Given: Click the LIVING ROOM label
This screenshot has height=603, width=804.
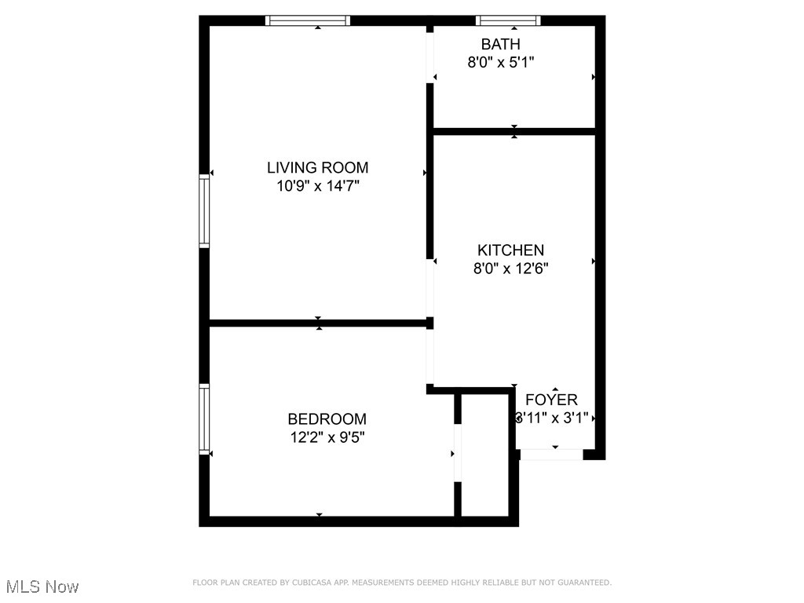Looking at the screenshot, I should (317, 167).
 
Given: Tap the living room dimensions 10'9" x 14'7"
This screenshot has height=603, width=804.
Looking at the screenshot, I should (317, 186).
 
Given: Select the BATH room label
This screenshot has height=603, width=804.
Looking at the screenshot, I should (501, 44).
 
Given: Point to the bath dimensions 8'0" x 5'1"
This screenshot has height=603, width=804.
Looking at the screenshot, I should (501, 62).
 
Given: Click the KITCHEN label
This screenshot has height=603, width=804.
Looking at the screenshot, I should (510, 250).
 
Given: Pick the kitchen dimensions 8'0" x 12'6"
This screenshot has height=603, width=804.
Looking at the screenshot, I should (510, 269).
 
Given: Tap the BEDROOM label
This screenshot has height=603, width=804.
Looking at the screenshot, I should (327, 419).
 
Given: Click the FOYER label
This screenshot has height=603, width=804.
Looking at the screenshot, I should (551, 400).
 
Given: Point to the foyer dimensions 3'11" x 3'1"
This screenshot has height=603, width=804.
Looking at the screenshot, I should (551, 418).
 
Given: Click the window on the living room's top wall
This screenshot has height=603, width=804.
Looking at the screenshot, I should (307, 20).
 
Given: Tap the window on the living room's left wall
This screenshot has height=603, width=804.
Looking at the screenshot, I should (204, 211).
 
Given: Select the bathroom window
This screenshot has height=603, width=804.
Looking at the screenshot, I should (509, 20).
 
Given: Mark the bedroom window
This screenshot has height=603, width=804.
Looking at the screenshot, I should (204, 418).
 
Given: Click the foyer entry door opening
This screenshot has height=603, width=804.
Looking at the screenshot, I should (551, 454).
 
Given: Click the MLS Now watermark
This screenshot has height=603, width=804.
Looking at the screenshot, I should (42, 587).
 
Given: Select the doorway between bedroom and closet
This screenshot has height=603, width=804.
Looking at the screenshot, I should (457, 452).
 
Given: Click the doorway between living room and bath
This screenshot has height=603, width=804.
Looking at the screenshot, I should (430, 57).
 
